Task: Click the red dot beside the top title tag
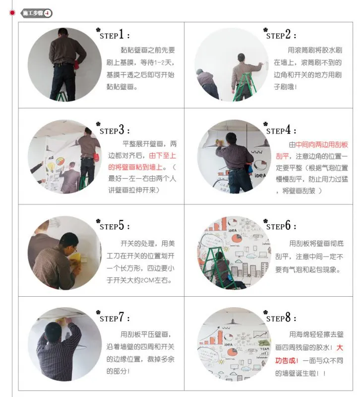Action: click(12, 13)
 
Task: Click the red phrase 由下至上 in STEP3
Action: click(163, 155)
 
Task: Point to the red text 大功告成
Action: click(309, 354)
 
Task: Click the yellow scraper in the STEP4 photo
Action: click(219, 142)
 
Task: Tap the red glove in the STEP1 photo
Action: click(76, 64)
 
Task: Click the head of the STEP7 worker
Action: click(53, 331)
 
